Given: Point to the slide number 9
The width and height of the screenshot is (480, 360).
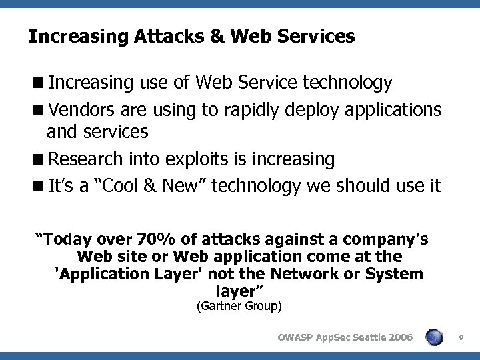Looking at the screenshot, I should pos(461,338).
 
